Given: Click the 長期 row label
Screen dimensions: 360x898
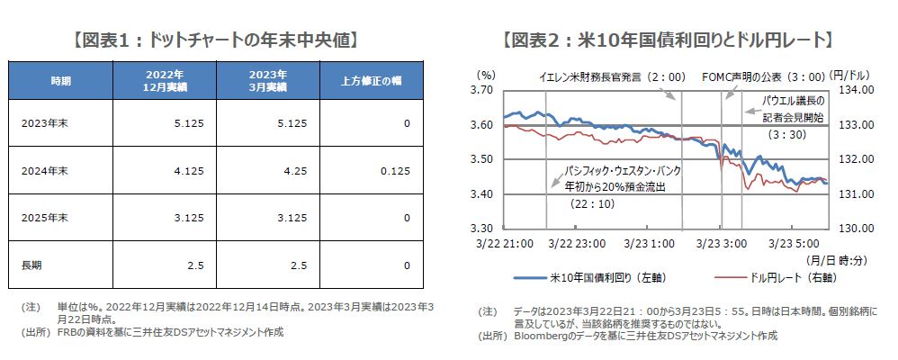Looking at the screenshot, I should tap(31, 265).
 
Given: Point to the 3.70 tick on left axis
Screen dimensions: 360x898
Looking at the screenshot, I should tap(482, 90).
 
